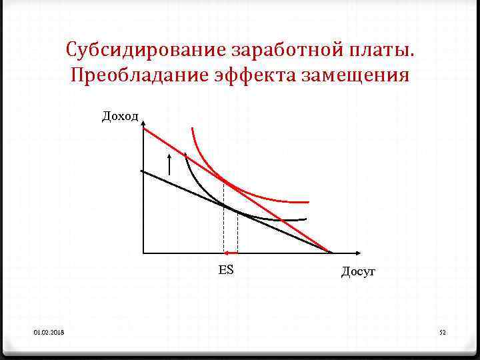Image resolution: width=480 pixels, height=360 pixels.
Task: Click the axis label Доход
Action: click(120, 117)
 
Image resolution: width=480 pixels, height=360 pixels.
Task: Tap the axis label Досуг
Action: click(359, 271)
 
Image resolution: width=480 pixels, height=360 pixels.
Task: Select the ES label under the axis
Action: click(225, 270)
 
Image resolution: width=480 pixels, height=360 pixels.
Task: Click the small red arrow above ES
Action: click(231, 253)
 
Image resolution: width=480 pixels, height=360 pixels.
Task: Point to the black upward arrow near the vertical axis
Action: click(169, 163)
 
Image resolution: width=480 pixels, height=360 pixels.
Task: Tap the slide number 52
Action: click(441, 331)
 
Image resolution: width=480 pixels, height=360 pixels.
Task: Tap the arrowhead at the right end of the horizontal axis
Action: click(358, 253)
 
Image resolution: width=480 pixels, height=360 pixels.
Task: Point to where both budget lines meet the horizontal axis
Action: click(330, 252)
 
